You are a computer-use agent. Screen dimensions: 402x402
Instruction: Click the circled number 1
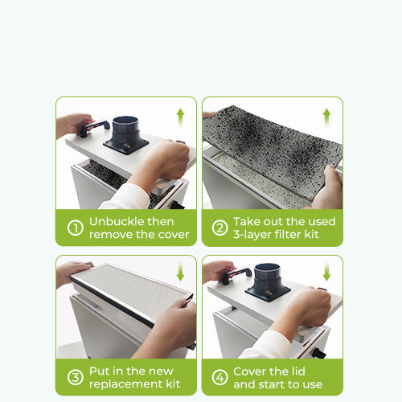(x=76, y=228)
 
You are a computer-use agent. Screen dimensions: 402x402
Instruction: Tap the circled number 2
(x=219, y=228)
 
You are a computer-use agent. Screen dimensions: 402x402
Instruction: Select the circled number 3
(x=76, y=377)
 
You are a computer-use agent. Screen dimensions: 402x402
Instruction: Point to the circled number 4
(x=219, y=377)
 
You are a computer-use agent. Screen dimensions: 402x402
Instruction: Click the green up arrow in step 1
(x=180, y=117)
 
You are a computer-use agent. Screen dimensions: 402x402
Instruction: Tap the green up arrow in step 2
(x=326, y=117)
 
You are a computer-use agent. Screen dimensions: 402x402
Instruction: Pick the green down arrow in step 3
(x=180, y=272)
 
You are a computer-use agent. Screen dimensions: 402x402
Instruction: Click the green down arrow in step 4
(x=326, y=272)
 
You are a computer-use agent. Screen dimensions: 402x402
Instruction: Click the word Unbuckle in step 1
(x=117, y=222)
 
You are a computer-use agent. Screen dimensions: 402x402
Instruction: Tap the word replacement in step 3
(x=125, y=384)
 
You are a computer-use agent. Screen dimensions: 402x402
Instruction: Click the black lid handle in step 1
(x=95, y=128)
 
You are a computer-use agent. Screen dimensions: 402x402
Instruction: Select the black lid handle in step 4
(x=236, y=275)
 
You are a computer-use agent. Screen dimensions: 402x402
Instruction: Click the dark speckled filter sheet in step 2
(x=272, y=151)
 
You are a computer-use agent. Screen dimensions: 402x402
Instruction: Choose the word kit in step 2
(x=311, y=235)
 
